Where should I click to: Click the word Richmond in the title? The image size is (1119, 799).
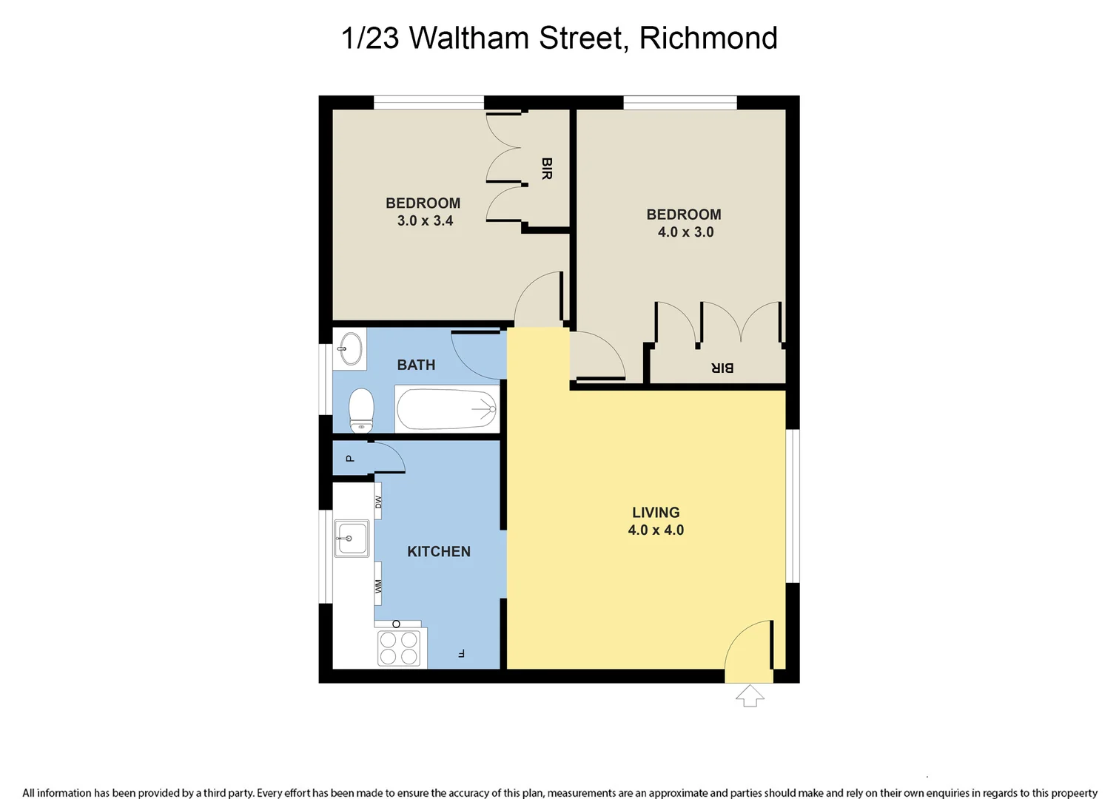[708, 38]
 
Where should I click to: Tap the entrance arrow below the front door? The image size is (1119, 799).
[750, 695]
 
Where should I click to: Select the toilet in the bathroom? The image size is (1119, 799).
[361, 409]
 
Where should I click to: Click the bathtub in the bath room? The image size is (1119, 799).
[447, 408]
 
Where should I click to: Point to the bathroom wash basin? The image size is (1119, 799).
[350, 348]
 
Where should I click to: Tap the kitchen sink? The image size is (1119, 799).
[352, 539]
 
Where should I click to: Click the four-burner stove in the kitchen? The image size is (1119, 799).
[399, 648]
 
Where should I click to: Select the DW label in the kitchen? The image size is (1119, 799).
[378, 502]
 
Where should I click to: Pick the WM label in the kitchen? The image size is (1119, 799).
[378, 586]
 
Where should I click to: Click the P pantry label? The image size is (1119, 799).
[350, 459]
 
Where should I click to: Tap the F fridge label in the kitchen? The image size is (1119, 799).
[461, 653]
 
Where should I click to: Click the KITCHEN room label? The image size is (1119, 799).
[439, 552]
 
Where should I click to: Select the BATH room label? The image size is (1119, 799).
[416, 365]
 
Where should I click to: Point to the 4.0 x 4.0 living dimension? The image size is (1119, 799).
[656, 530]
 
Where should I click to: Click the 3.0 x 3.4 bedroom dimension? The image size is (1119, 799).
[425, 221]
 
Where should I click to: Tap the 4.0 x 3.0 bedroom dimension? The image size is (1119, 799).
[685, 232]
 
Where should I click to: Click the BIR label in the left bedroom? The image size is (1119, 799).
[546, 169]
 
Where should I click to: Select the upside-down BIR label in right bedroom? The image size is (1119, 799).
[722, 368]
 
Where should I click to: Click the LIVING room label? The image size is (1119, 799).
[656, 513]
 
